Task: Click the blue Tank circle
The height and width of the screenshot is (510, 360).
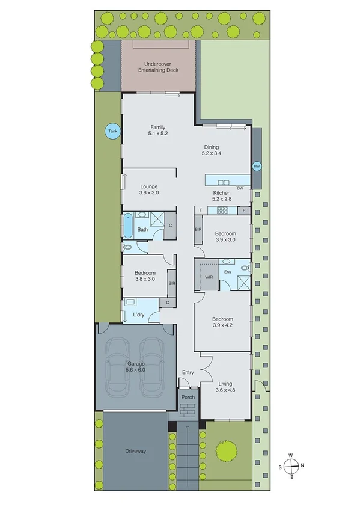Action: pos(111,131)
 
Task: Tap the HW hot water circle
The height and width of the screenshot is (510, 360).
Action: pos(257,166)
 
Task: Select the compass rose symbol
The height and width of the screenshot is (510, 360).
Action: pos(291,464)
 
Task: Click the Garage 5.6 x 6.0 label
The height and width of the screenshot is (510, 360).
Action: pos(136,367)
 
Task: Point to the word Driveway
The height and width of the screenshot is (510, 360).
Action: pos(136,450)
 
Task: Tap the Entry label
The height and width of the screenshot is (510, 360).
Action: pos(188,373)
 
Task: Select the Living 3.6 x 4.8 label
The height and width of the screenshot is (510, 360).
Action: pos(227,387)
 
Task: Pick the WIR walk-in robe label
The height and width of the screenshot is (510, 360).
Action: pos(209,277)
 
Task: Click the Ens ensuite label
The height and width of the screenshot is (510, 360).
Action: pos(227,272)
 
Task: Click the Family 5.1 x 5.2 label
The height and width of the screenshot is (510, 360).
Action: pos(158,130)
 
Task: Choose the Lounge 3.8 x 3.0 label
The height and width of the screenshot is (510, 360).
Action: pos(148,189)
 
